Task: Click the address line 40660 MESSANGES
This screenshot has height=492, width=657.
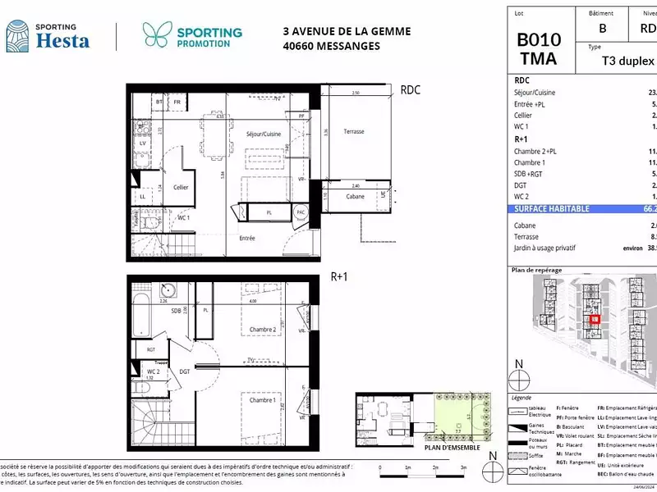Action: [331, 46]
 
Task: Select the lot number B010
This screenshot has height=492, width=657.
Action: [539, 39]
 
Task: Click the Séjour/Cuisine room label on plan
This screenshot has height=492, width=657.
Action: [264, 134]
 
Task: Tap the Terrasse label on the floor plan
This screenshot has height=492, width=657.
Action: [354, 132]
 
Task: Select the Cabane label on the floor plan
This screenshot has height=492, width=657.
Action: [355, 197]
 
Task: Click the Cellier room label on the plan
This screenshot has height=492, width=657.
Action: [181, 187]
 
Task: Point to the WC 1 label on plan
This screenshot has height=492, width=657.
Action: [181, 217]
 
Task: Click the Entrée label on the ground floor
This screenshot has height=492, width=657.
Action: [246, 239]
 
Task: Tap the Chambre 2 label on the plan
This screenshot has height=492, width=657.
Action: [263, 329]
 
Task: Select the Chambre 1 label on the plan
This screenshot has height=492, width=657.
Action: [263, 400]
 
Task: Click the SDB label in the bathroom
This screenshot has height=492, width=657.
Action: [176, 311]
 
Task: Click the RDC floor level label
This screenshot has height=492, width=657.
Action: [410, 90]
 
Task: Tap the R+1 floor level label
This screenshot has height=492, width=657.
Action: [339, 277]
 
